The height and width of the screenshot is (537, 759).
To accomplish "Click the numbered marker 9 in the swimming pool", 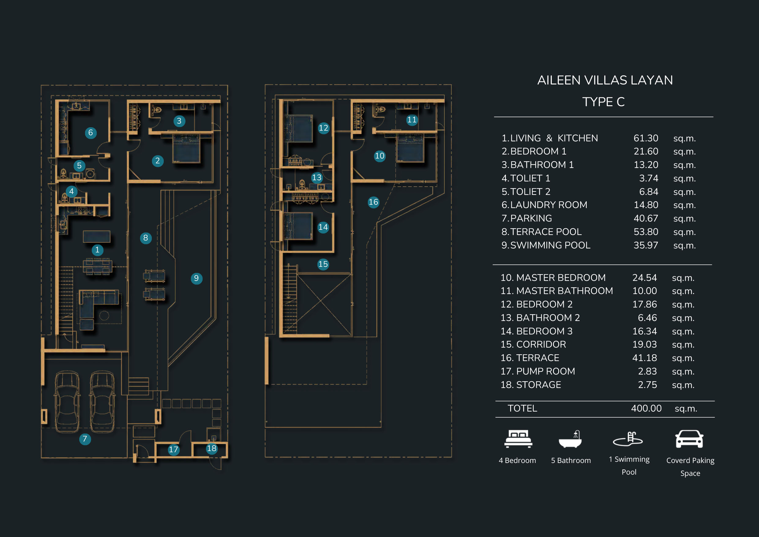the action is (x=196, y=278).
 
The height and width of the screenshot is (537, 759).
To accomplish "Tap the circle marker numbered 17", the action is (x=174, y=450).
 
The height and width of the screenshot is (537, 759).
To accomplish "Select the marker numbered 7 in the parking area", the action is (x=85, y=439).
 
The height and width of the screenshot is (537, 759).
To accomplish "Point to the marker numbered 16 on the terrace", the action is (x=373, y=202).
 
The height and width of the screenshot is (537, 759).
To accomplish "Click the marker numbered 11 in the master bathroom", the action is (x=412, y=120).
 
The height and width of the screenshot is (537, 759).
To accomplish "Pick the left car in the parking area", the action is (x=67, y=401).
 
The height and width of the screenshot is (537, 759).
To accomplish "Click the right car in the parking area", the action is (x=103, y=401).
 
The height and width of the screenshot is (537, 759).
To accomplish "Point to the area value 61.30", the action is (x=646, y=138).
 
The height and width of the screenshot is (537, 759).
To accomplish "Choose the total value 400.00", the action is (x=646, y=408).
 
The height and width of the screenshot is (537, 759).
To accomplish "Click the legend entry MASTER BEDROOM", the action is (x=561, y=278).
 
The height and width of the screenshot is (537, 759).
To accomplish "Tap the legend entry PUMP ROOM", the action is (x=546, y=371).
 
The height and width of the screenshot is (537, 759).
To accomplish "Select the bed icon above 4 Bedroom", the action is (x=518, y=439).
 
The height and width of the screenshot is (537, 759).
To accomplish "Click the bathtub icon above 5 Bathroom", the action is (x=570, y=439).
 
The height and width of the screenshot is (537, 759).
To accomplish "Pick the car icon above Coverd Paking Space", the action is (x=690, y=439).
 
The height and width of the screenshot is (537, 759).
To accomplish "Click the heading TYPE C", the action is (x=604, y=102).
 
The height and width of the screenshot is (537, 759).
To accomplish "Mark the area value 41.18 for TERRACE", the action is (x=645, y=358).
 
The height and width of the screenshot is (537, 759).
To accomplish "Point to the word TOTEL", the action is (x=522, y=408).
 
